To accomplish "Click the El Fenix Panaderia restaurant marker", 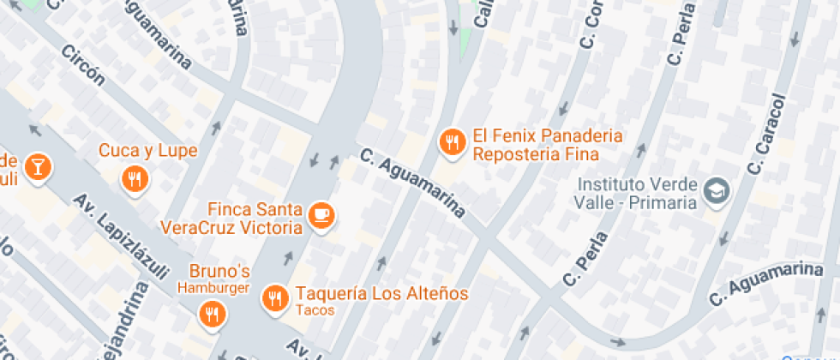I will pos(452,143).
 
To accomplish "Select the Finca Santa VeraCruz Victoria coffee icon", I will pos(322,215).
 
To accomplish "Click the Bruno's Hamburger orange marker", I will pos(211,314).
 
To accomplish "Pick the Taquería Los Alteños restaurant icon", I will pos(275,297).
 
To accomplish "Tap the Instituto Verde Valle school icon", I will pos(715,191).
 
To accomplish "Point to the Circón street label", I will pos(83,66).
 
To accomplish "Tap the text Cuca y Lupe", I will pos(148,151).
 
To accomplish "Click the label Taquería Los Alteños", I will pos(382,293).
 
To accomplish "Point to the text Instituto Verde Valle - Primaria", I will pos(637,193).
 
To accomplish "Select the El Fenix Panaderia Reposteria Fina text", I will pos(536,146).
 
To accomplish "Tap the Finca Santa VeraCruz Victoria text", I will pos(231,219).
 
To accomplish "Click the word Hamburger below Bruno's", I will pos(213,288).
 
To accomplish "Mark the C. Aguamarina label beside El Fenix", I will pos(413,183).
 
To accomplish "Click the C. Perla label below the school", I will pos(585,258).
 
